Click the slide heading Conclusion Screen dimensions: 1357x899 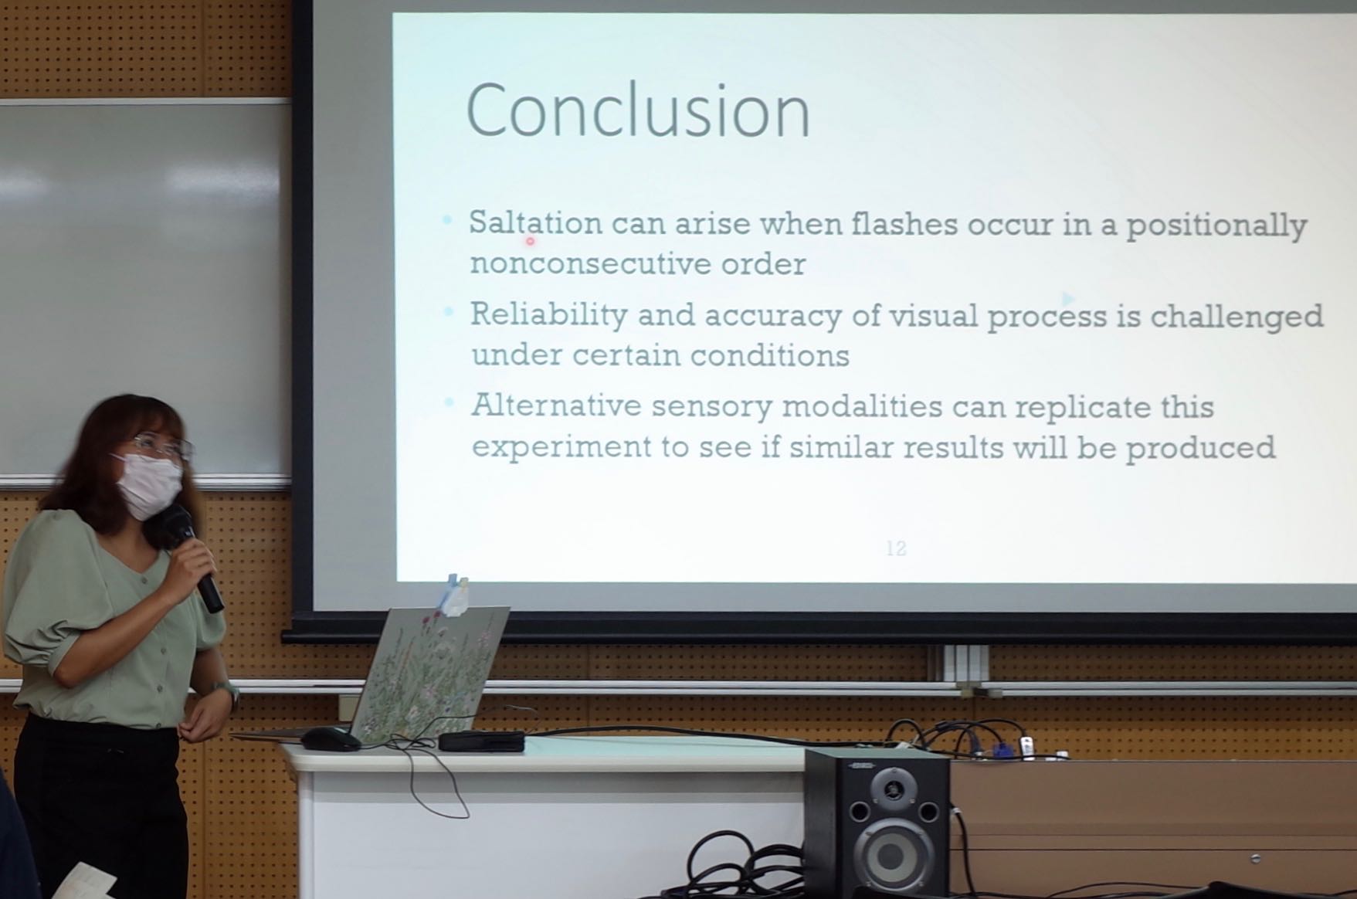click(x=638, y=111)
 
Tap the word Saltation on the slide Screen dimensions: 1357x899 click(x=535, y=223)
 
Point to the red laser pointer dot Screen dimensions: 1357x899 click(x=530, y=241)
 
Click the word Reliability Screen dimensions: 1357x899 click(x=548, y=314)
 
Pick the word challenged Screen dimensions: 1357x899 click(x=1237, y=317)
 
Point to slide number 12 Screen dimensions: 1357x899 click(x=896, y=548)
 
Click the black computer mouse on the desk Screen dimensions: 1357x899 click(x=331, y=739)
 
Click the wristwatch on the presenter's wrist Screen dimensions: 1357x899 click(x=228, y=690)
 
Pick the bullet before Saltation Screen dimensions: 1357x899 click(x=447, y=221)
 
